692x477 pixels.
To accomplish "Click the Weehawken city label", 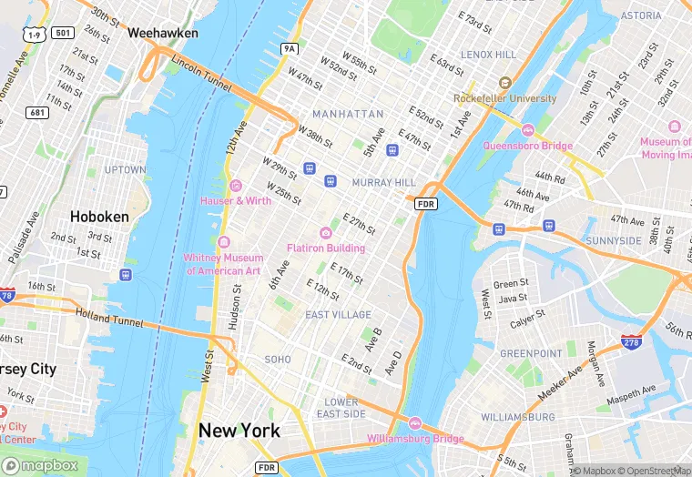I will [163, 32].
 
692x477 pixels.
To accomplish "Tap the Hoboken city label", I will [99, 217].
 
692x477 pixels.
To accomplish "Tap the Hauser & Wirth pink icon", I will [235, 186].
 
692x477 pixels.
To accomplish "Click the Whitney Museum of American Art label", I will [224, 264].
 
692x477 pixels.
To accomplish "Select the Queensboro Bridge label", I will [528, 146].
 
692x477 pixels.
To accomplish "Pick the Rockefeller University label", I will [505, 98].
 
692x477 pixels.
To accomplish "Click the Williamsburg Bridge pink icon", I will [414, 423].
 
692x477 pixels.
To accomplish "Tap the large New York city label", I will [239, 430].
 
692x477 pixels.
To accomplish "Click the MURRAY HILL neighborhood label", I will [383, 183].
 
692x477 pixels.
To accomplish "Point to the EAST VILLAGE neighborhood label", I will [338, 315].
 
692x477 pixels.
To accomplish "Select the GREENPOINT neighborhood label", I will [531, 352].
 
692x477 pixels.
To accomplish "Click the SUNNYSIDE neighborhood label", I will [639, 240].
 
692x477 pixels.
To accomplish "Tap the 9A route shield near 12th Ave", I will [290, 48].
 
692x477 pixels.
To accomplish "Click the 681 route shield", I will [37, 112].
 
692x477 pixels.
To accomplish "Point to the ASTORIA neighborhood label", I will [640, 15].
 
